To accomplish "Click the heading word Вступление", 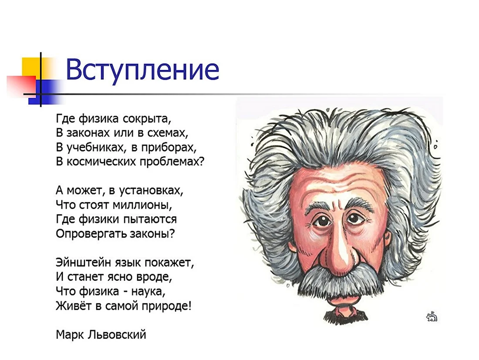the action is coord(142,71).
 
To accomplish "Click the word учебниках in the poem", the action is coord(95,147).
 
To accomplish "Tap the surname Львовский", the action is coord(117,335).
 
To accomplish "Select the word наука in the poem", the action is coord(148,292).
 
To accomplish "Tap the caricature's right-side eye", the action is coord(355,218).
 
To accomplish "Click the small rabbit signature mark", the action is coord(432,316).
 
